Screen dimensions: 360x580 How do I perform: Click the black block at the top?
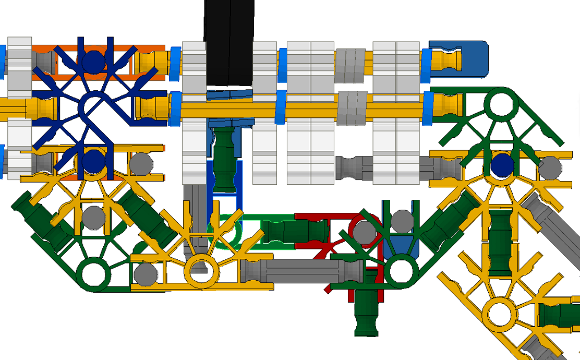click(x=229, y=42)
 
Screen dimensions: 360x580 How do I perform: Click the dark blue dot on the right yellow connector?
click(x=502, y=165)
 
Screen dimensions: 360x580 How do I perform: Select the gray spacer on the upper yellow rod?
click(x=349, y=65)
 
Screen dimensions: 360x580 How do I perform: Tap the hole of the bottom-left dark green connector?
click(x=93, y=273)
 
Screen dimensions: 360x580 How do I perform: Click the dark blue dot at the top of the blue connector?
click(x=93, y=61)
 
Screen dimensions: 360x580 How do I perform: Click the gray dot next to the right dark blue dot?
click(x=550, y=167)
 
